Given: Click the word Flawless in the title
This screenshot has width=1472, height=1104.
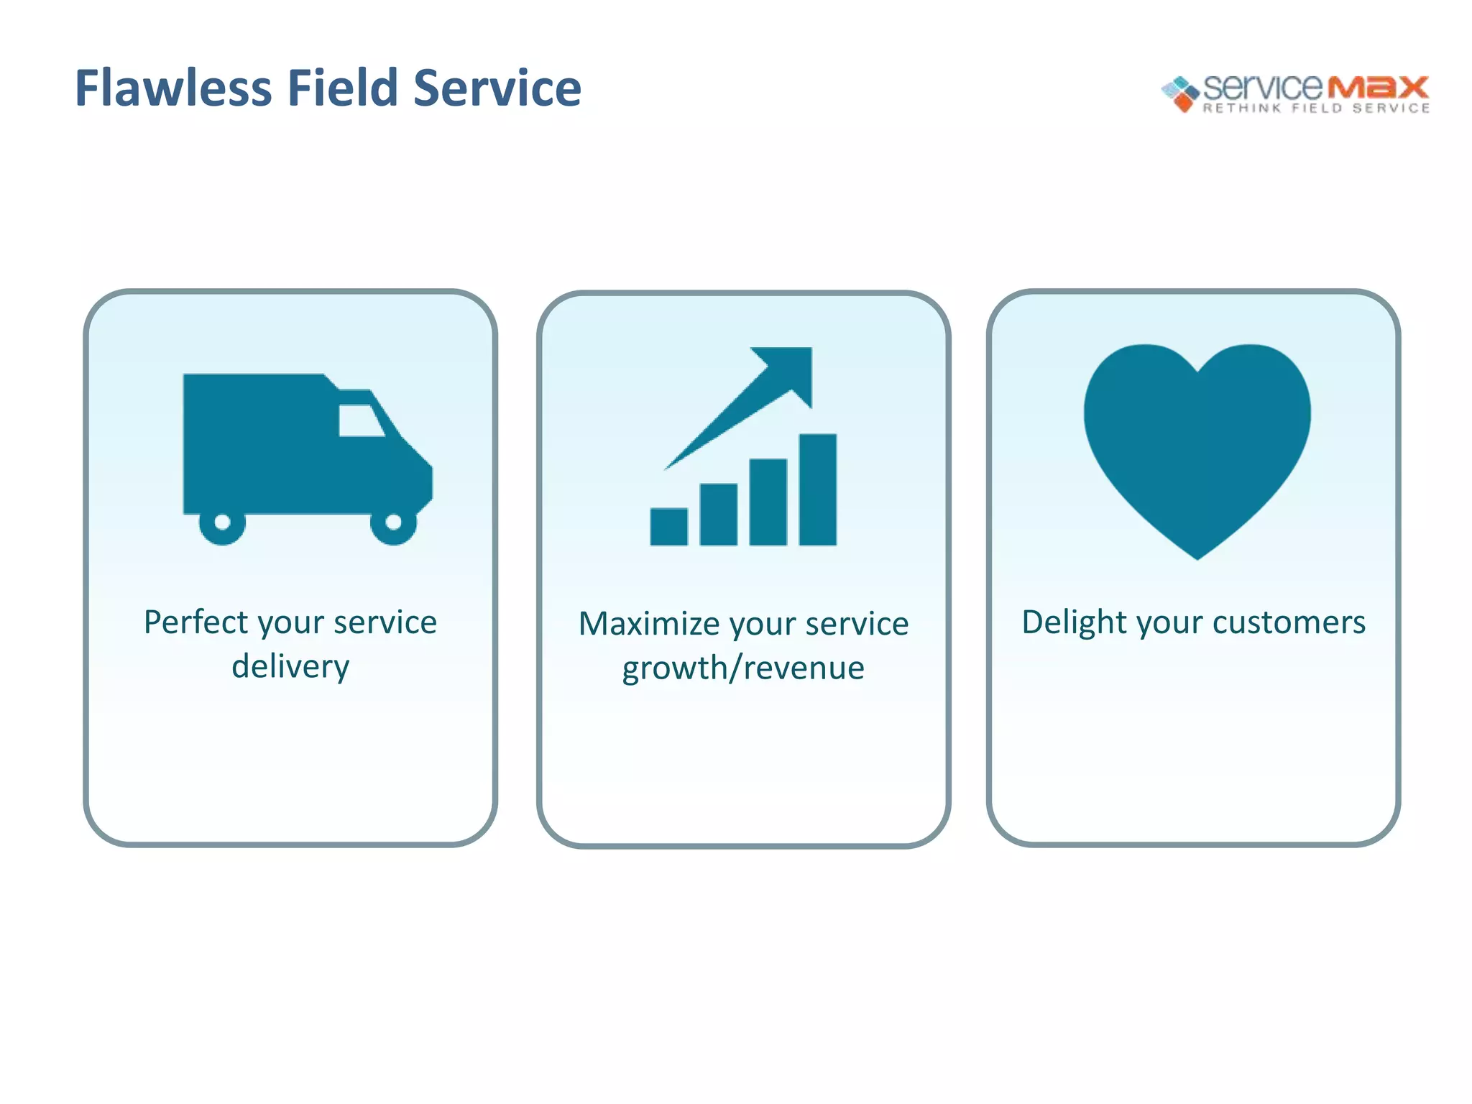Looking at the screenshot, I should (x=173, y=88).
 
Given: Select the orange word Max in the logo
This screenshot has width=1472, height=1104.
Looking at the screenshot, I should (x=1377, y=87).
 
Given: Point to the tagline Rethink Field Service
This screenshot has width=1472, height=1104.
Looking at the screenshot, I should (x=1316, y=109).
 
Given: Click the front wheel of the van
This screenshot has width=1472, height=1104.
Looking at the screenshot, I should (x=393, y=523).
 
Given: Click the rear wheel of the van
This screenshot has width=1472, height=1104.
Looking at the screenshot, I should (x=222, y=523).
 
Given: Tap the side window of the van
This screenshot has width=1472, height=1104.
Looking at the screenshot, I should (x=359, y=420).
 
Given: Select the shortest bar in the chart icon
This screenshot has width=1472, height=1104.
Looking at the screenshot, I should (x=668, y=527).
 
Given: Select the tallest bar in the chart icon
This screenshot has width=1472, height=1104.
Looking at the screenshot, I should (x=817, y=489).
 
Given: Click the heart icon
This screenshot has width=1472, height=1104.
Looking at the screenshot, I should (x=1197, y=446).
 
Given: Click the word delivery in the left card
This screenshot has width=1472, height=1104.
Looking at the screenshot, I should (x=290, y=666).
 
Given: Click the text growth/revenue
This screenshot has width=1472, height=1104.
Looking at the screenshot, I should (x=743, y=668).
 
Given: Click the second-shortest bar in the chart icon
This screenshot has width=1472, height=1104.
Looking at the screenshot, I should (x=718, y=515).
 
